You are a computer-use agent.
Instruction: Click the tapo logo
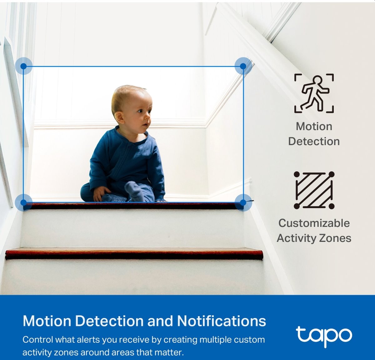click(x=324, y=336)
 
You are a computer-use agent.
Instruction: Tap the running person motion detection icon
click(x=314, y=93)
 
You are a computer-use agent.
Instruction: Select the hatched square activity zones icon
click(x=314, y=190)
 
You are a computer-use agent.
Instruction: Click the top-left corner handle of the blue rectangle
click(x=23, y=66)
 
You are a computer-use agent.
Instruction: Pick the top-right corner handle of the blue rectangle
click(x=243, y=66)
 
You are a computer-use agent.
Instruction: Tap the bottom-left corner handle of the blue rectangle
click(x=23, y=202)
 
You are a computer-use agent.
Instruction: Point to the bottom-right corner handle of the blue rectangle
click(x=243, y=202)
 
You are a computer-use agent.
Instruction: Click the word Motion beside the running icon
click(x=314, y=127)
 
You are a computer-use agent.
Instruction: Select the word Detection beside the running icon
click(x=314, y=142)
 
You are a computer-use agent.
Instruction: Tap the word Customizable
click(x=314, y=223)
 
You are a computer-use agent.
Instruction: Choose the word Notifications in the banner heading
click(x=222, y=321)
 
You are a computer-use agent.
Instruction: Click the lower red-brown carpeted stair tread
click(x=134, y=253)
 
